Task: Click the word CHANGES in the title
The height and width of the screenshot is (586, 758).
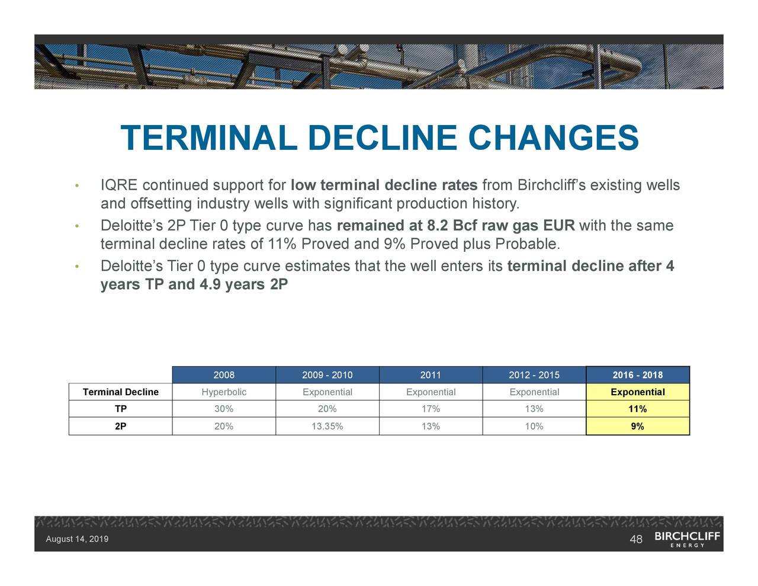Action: click(553, 138)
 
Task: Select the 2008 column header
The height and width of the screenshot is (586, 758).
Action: click(224, 375)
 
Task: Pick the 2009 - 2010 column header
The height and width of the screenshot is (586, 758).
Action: click(327, 375)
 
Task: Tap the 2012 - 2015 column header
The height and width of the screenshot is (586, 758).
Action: click(534, 375)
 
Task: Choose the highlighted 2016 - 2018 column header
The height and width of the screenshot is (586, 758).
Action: click(637, 375)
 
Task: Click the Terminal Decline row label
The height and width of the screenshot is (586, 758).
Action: click(121, 392)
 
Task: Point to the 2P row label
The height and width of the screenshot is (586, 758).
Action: click(120, 426)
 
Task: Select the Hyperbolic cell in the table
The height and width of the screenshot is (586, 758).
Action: click(224, 392)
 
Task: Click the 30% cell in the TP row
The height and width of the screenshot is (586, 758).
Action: click(224, 409)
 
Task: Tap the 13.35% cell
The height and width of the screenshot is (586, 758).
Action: click(327, 426)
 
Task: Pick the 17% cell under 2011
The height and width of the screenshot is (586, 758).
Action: click(431, 409)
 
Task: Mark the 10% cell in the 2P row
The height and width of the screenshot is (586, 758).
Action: click(534, 426)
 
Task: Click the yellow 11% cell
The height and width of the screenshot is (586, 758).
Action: click(637, 409)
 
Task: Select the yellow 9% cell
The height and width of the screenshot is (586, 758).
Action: click(637, 426)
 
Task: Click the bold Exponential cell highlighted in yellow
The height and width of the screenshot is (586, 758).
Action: click(637, 392)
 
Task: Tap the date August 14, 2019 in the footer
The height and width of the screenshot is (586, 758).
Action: click(77, 539)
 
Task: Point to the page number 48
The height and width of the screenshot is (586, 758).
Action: click(636, 539)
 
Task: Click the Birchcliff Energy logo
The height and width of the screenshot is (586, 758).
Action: click(687, 539)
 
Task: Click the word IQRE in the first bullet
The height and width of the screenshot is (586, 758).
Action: click(119, 185)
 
